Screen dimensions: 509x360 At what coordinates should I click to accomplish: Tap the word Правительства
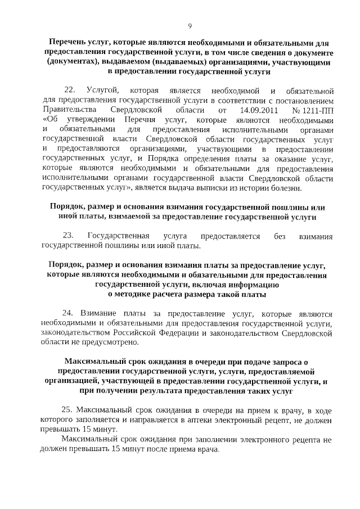pos(65,110)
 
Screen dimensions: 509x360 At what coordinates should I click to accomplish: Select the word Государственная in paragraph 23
pos(119,236)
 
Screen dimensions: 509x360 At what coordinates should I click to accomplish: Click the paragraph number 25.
pos(67,410)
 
